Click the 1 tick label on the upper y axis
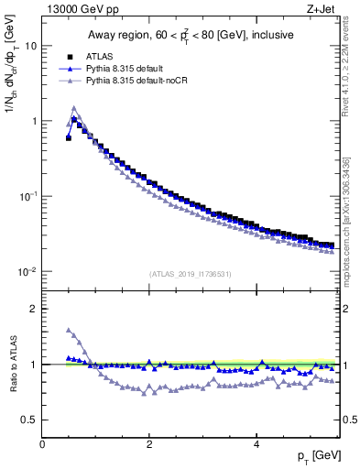point(34,121)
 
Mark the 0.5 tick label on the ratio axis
point(29,420)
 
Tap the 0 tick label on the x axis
point(43,443)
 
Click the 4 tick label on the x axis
point(256,443)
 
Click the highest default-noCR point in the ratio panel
point(69,330)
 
